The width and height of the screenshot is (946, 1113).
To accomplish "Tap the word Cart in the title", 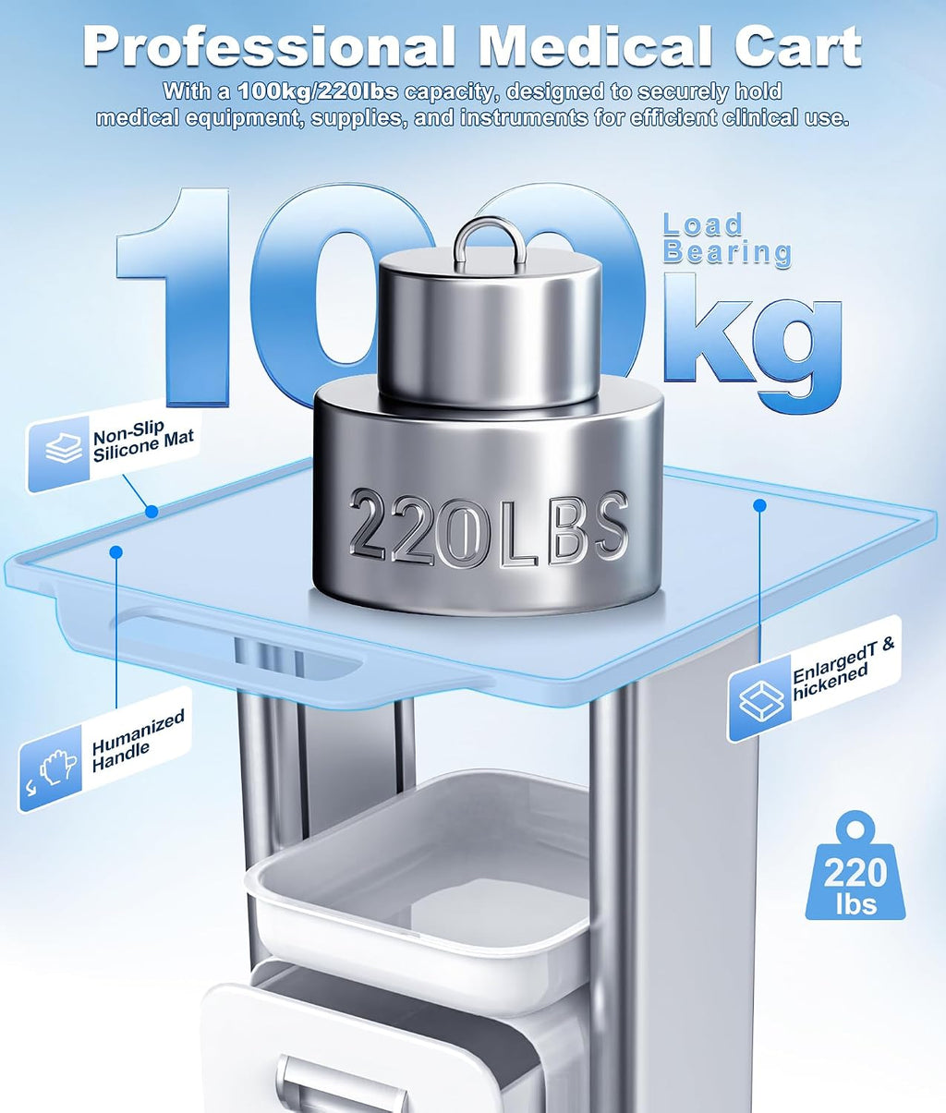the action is pos(798,47).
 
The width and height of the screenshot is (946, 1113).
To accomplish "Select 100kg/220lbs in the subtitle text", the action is pos(317,92).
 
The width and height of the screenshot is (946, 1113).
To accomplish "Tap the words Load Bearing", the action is pos(726,238).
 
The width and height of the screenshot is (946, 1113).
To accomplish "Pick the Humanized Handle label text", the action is pos(138,741).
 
